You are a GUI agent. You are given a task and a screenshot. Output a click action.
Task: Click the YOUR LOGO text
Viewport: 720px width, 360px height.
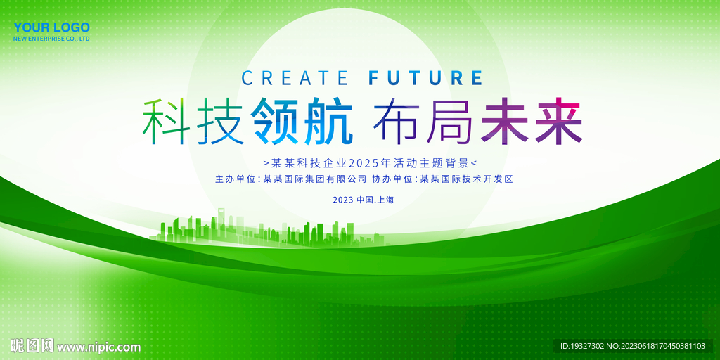pos(52,27)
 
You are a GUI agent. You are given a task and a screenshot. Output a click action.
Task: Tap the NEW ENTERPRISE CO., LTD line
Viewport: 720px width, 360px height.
pos(52,39)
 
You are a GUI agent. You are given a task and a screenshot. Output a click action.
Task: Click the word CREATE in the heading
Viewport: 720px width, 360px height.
pos(295,77)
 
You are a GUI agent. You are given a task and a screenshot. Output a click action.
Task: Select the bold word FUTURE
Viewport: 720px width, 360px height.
pos(426,77)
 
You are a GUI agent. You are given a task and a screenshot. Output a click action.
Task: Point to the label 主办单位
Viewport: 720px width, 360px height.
pos(236,179)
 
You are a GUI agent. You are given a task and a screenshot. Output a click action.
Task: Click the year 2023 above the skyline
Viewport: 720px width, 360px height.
pos(342,200)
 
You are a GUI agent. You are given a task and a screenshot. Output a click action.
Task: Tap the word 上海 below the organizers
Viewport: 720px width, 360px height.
pos(386,200)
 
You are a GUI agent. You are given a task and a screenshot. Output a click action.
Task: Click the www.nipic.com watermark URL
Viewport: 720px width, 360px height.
pos(98,347)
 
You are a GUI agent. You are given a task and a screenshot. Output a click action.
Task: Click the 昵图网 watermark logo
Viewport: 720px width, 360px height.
pos(32,346)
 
